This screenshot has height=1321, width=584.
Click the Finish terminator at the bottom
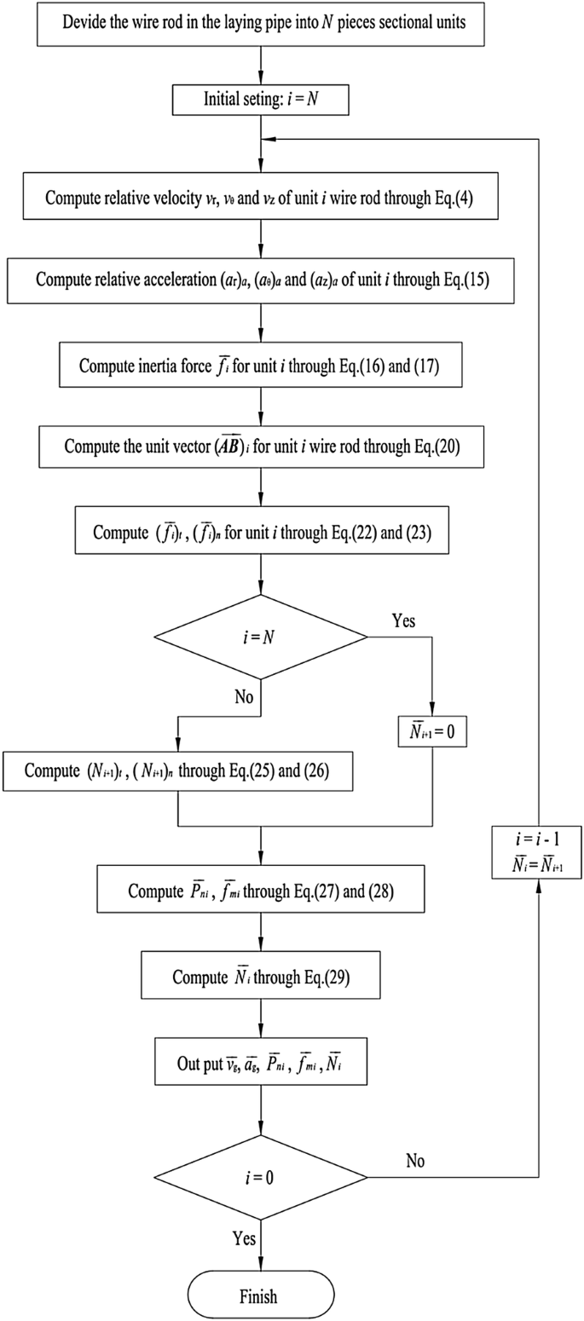(259, 1296)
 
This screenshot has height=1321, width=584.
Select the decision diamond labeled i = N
(260, 637)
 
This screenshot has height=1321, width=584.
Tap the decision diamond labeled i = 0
(260, 1178)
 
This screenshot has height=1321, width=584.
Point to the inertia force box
(260, 365)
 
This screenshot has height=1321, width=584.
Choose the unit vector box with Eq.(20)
(260, 446)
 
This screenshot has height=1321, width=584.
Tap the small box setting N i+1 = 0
(432, 732)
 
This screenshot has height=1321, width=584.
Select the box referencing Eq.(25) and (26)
(176, 771)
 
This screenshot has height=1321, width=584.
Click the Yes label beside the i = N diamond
(403, 620)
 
